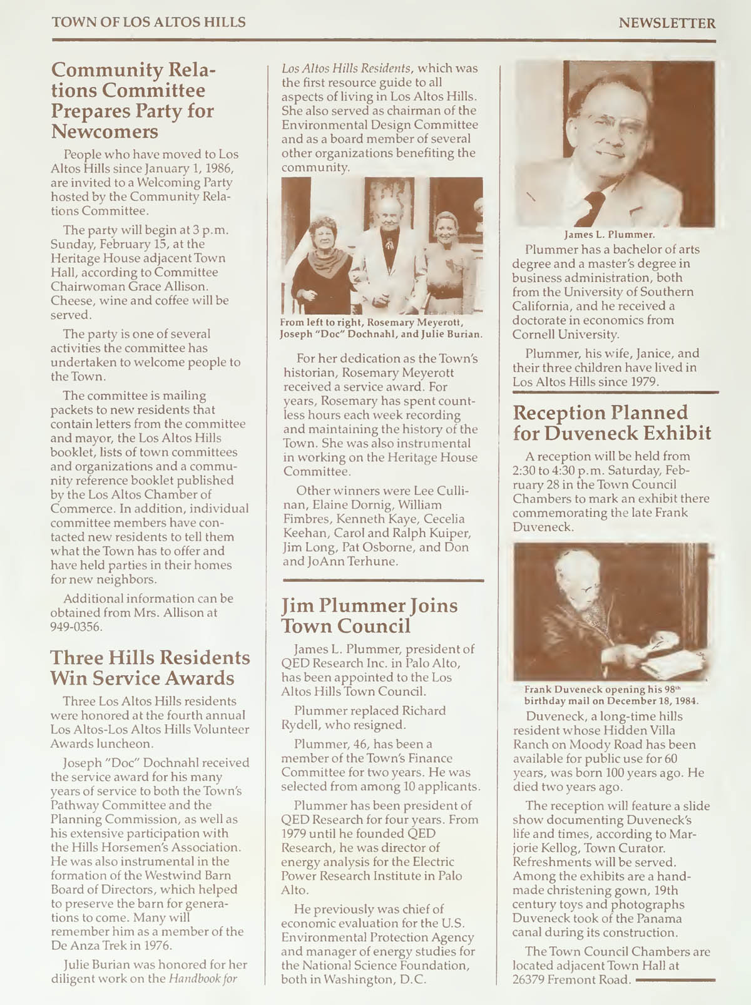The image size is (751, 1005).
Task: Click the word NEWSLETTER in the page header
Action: [667, 24]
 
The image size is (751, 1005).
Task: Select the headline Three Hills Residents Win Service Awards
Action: [150, 668]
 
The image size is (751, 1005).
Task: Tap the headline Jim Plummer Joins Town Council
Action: [369, 615]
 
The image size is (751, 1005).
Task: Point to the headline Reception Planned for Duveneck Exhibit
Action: [611, 422]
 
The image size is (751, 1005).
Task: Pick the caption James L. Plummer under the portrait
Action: [609, 235]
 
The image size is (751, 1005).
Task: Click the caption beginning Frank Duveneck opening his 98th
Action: [611, 695]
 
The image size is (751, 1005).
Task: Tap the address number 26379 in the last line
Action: [528, 979]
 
